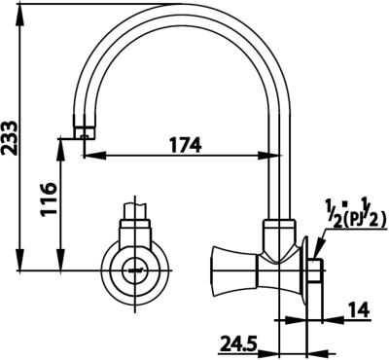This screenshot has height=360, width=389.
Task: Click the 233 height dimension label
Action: click(9, 139)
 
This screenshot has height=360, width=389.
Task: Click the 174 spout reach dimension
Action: click(186, 145)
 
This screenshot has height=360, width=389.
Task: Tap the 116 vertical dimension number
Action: click(49, 198)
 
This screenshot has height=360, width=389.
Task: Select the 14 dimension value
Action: click(359, 310)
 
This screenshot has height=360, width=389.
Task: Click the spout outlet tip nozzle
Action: click(85, 132)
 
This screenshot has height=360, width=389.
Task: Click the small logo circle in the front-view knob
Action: click(135, 270)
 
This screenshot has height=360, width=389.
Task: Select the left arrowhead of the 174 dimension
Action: click(95, 155)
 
